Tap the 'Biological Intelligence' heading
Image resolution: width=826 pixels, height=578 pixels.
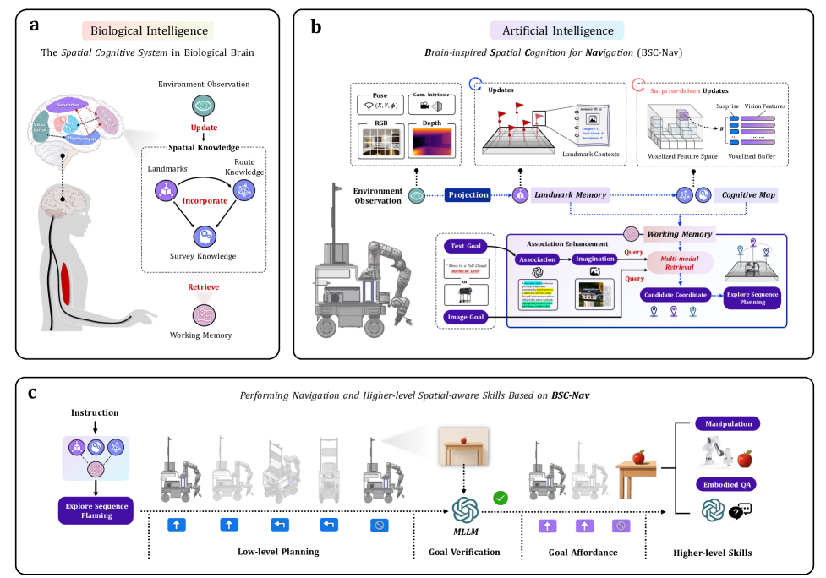(x=149, y=31)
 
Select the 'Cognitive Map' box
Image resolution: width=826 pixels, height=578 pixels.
(x=745, y=195)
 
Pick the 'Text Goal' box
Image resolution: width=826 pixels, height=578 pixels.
(x=468, y=247)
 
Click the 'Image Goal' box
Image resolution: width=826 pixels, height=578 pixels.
(x=467, y=318)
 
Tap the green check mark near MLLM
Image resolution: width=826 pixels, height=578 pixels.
(x=500, y=499)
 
